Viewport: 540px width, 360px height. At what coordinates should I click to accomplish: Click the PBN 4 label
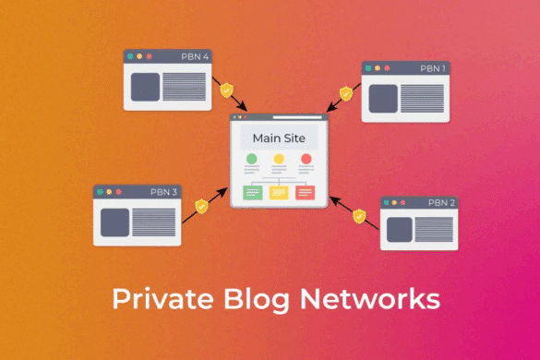click(x=195, y=56)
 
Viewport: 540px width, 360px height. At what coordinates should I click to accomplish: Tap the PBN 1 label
click(x=432, y=68)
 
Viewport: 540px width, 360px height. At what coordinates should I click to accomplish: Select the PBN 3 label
click(x=164, y=192)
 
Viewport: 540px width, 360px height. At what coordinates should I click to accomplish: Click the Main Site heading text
click(x=279, y=139)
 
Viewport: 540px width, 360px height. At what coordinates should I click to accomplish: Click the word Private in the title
click(x=156, y=299)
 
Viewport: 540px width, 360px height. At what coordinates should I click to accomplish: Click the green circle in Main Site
click(x=252, y=160)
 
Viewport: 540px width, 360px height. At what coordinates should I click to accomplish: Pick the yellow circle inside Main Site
click(x=279, y=160)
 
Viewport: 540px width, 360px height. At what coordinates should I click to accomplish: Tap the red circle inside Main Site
click(x=306, y=160)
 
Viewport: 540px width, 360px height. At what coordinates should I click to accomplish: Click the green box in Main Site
click(x=252, y=192)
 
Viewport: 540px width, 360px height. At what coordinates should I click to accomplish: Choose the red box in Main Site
click(x=306, y=192)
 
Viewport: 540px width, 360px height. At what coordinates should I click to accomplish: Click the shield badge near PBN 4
click(x=226, y=90)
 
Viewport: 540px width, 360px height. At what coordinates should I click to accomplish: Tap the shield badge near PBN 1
click(x=346, y=93)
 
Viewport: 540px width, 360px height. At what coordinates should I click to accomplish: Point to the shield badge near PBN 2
click(x=359, y=216)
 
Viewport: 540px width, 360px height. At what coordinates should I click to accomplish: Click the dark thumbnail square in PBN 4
click(x=145, y=86)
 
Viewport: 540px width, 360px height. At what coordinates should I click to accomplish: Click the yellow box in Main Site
click(x=279, y=192)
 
